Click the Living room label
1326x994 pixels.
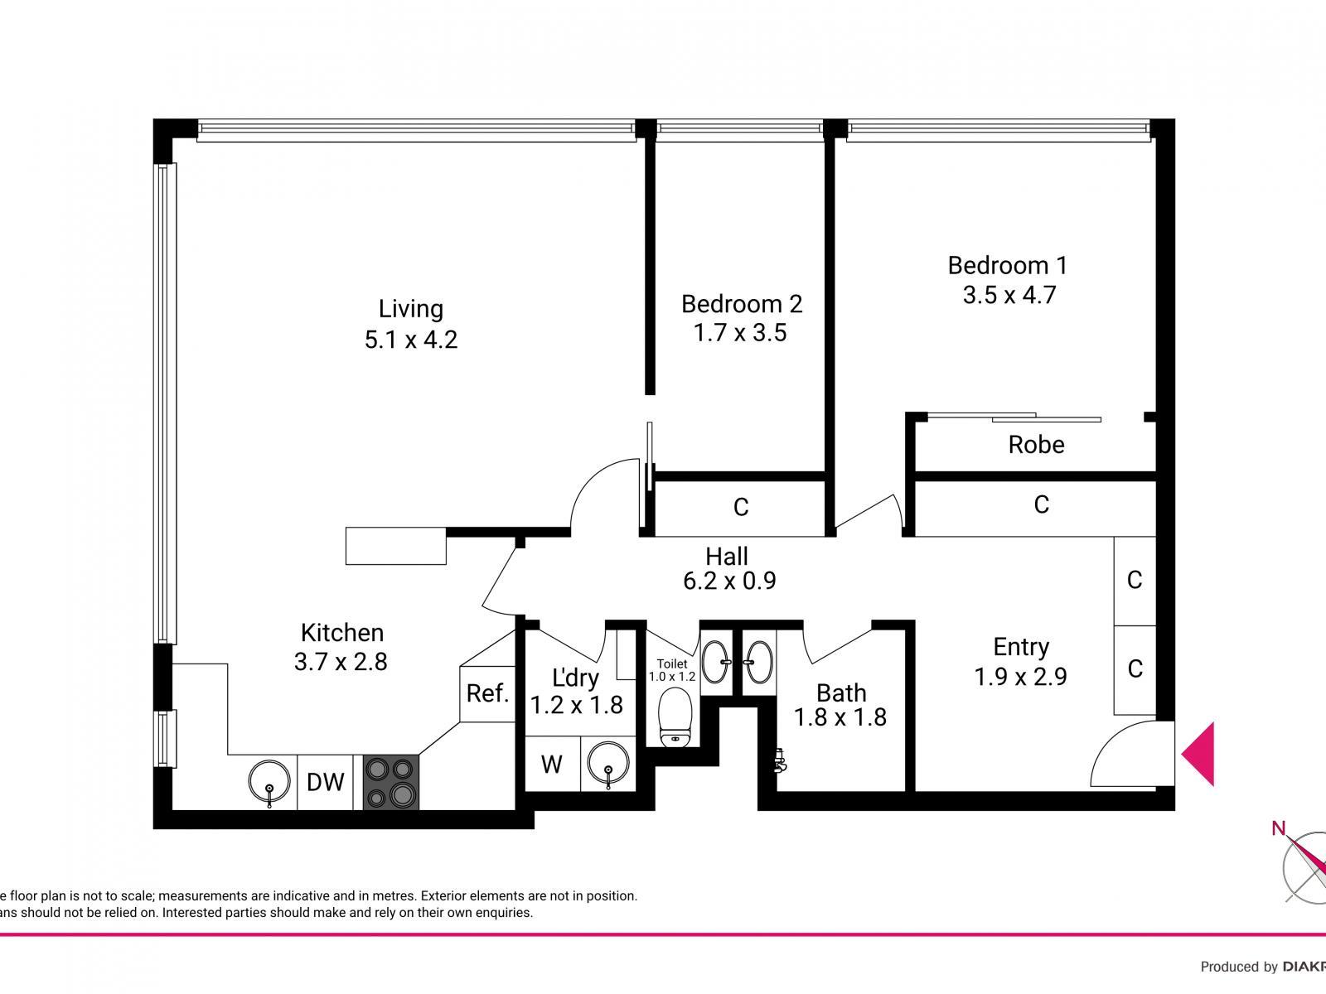(411, 309)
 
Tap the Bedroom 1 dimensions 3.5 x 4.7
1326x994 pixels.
(1009, 295)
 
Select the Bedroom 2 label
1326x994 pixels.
(742, 304)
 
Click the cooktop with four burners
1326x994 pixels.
(391, 782)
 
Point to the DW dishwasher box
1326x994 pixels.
(325, 782)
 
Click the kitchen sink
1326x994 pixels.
(269, 780)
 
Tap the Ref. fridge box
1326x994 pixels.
(487, 693)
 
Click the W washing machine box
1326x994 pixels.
(552, 764)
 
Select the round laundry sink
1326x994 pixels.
(608, 762)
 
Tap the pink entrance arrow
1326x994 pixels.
(1199, 754)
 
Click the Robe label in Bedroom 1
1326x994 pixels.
(1036, 445)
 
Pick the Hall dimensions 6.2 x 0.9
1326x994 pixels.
(728, 581)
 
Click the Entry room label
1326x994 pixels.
(1021, 646)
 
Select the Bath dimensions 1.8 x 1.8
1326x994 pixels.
(840, 717)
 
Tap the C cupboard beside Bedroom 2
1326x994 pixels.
(741, 507)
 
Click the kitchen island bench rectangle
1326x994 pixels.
(395, 546)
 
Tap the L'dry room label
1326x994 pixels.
(575, 678)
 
